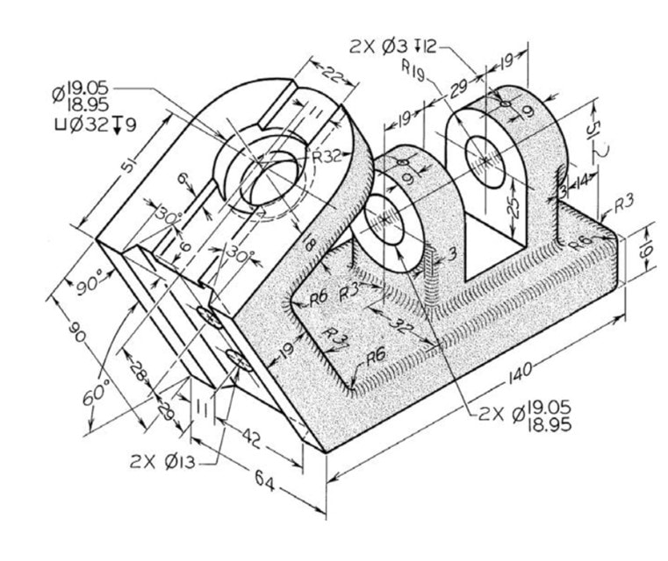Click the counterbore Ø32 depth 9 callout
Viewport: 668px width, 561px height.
tap(95, 124)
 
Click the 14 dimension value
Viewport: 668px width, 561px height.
tap(581, 181)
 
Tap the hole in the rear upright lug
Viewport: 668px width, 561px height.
tap(484, 157)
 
